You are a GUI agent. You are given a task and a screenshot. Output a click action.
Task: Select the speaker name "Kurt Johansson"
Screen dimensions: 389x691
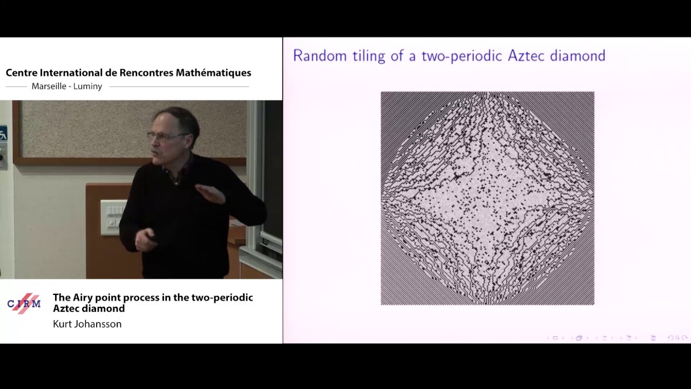87,324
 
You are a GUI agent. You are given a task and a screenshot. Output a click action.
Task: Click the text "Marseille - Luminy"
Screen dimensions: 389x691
67,86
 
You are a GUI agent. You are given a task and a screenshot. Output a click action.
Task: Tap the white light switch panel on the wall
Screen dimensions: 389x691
113,216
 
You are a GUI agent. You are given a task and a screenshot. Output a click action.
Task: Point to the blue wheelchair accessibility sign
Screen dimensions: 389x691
3,133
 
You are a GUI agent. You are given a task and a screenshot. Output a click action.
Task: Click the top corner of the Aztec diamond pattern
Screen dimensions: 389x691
487,93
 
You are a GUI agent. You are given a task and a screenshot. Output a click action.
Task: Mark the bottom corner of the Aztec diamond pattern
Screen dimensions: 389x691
487,303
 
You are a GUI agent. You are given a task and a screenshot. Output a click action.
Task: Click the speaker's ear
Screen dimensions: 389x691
187,137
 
